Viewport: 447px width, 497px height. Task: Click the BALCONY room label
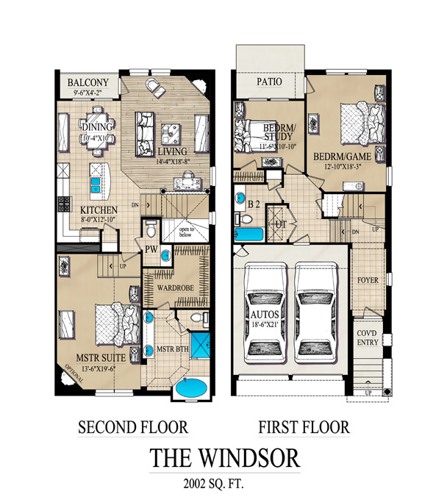coord(88,83)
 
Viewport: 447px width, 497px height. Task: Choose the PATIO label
coord(270,82)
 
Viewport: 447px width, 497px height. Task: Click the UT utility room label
coord(280,222)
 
